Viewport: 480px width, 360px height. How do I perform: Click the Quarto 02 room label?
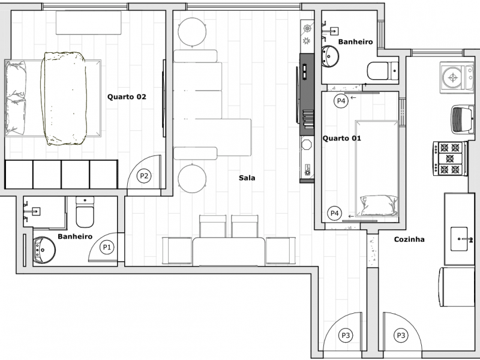click(x=127, y=97)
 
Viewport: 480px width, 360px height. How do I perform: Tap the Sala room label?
click(x=247, y=178)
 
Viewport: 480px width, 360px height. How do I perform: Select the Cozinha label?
click(x=409, y=239)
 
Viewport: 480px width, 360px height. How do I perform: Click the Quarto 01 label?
click(x=341, y=139)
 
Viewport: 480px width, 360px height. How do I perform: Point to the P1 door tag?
click(x=107, y=247)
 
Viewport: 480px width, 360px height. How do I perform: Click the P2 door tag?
click(x=144, y=176)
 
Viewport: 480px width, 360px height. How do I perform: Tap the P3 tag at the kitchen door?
click(x=400, y=335)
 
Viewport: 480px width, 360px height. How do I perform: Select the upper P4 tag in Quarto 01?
click(x=340, y=101)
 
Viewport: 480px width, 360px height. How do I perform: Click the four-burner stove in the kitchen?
click(x=451, y=158)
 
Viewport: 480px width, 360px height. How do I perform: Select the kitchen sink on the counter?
click(x=463, y=239)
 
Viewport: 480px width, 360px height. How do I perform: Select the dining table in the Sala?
click(x=229, y=251)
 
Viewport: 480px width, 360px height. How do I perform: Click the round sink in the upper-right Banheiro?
click(x=329, y=57)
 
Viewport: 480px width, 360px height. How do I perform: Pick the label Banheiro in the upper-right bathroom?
click(x=356, y=42)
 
